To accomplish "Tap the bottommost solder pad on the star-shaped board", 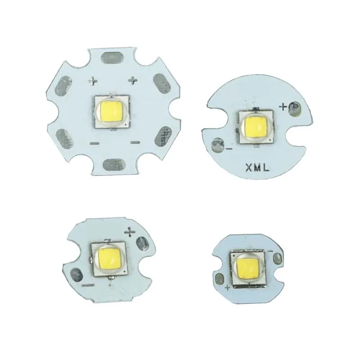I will pyautogui.click(x=113, y=165).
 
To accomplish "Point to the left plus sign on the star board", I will pyautogui.click(x=93, y=81).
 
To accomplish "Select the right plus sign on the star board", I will pyautogui.click(x=133, y=81).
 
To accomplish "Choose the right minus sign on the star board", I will pyautogui.click(x=134, y=143).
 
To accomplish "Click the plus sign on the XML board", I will pyautogui.click(x=283, y=107).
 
